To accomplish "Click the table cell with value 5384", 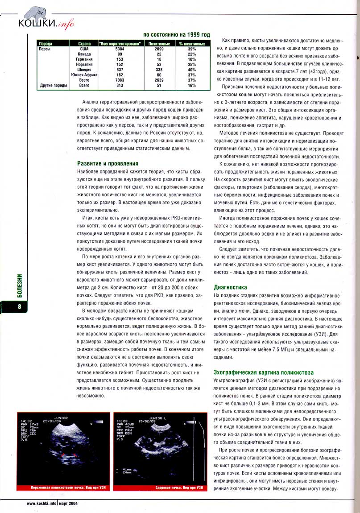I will [119, 49].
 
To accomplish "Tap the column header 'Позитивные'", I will [159, 44].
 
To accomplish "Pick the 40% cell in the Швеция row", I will [192, 70].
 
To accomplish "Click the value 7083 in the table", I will [119, 80].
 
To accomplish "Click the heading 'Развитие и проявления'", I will [108, 163].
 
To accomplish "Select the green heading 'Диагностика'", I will [231, 287].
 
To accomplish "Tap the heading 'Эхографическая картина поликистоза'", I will [265, 372].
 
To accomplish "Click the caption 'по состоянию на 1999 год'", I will [176, 34].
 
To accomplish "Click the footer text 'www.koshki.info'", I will [42, 504].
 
